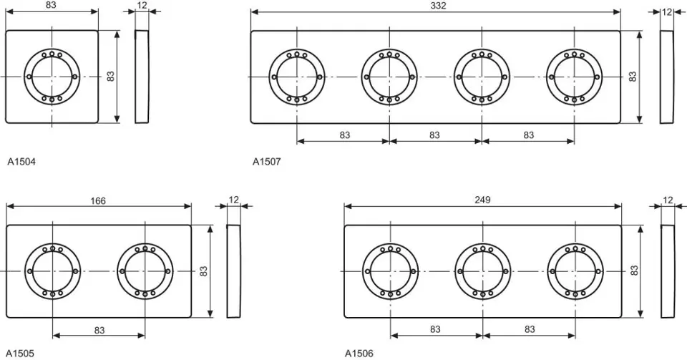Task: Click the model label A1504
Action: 21,162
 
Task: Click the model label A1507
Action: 267,162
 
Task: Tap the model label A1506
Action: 359,354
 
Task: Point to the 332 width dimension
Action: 436,6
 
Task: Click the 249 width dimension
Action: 482,200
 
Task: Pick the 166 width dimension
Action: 98,201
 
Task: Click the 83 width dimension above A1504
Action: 52,6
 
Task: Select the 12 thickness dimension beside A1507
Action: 667,11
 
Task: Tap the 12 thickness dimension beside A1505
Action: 234,200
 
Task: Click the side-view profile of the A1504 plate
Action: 142,77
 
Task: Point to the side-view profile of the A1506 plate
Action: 667,271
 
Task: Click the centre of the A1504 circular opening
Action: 52,77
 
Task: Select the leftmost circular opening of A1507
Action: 297,77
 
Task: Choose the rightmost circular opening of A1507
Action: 574,77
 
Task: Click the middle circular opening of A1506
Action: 482,271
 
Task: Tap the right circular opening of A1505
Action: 145,271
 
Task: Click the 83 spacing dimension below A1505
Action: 99,330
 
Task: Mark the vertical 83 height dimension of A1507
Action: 633,77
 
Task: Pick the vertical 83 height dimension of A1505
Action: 203,271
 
